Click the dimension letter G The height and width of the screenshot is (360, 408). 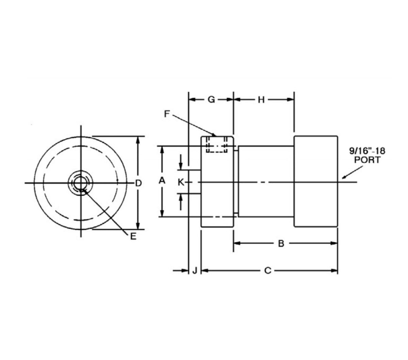211,100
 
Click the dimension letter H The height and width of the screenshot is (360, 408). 261,100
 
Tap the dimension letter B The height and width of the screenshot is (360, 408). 281,244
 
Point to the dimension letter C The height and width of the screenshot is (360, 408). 268,271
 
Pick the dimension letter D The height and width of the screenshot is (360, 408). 138,183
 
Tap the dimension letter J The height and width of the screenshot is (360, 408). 195,271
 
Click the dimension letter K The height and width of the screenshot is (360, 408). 181,183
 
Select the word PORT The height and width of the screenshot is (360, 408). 368,160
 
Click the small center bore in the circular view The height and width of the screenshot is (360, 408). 81,183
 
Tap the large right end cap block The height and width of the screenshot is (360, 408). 316,181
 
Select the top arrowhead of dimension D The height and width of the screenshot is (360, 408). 138,140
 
